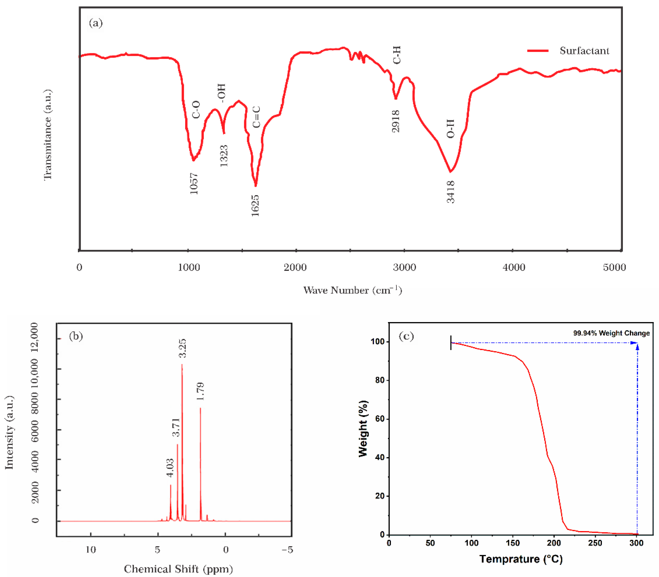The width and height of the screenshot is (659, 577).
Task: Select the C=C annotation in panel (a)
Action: click(256, 117)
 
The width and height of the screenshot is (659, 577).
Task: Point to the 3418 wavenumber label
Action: click(451, 192)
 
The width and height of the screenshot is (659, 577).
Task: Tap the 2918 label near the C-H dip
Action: click(396, 121)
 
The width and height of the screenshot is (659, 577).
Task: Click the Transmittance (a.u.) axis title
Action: click(48, 135)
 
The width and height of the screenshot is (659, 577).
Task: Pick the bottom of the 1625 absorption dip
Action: click(256, 185)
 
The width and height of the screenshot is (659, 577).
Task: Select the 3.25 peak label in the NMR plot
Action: click(182, 348)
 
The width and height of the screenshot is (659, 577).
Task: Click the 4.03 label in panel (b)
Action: click(170, 467)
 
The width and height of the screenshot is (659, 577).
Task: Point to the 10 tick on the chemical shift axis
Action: click(91, 550)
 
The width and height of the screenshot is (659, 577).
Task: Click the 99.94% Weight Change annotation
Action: click(611, 333)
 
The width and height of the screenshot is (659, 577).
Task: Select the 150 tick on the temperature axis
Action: click(512, 543)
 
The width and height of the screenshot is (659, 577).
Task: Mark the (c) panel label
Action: click(406, 336)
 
